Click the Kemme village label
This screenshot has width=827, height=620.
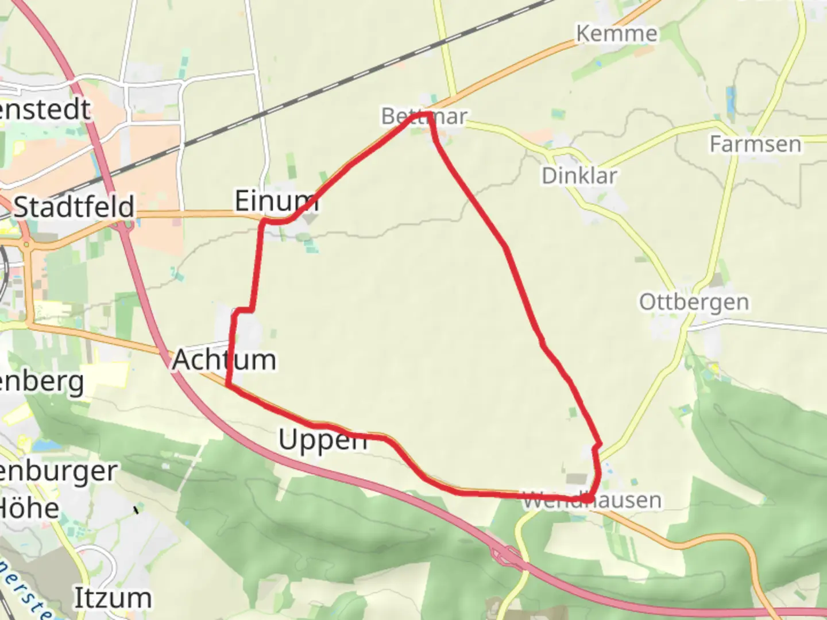617,33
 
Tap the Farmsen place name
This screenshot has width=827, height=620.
755,144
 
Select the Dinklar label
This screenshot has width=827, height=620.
579,176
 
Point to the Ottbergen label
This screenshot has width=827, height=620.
694,302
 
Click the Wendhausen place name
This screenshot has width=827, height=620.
592,501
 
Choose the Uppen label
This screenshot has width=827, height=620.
323,440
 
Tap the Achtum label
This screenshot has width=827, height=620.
224,360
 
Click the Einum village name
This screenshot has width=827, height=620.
276,201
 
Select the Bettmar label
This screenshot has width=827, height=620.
424,117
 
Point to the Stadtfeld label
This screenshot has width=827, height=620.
74,207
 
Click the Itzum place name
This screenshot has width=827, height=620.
113,598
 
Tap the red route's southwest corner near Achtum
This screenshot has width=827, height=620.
229,385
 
